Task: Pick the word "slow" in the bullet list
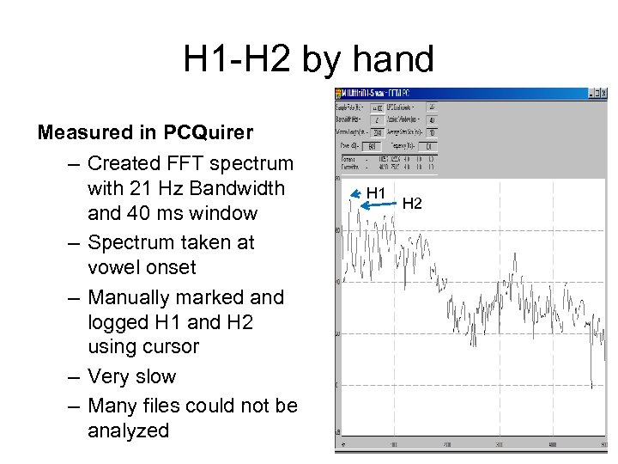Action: [156, 376]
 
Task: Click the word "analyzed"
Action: [129, 430]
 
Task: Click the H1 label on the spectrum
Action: [376, 192]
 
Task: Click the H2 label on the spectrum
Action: [412, 204]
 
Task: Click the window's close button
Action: [603, 93]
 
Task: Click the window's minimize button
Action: [592, 93]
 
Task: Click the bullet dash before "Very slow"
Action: [72, 376]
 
